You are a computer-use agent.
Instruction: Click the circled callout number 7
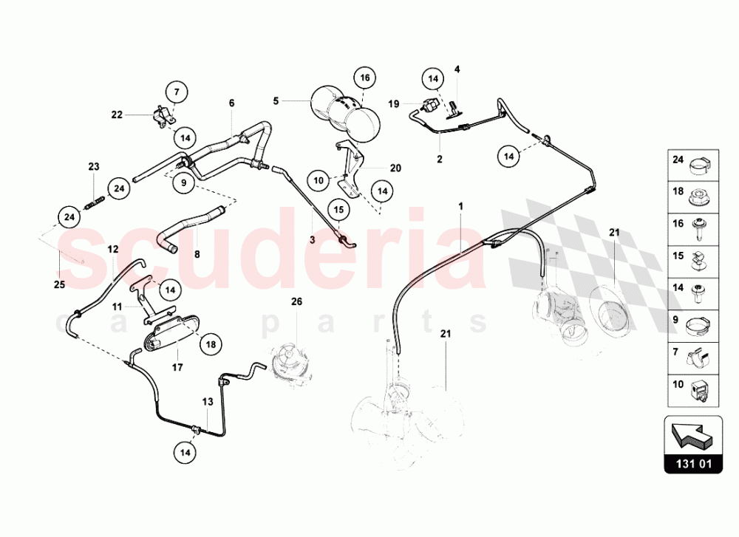[x=177, y=93]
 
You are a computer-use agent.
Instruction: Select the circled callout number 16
[x=364, y=78]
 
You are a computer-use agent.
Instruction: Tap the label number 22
[x=117, y=114]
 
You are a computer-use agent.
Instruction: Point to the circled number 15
[x=337, y=210]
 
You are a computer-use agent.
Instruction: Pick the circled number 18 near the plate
[x=211, y=344]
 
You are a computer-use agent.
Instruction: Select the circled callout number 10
[x=319, y=179]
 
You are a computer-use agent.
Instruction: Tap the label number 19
[x=393, y=103]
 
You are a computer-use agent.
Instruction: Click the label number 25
[x=60, y=284]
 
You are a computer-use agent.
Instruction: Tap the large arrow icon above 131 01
[x=692, y=434]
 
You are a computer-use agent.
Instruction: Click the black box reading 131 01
[x=692, y=466]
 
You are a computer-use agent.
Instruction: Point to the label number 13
[x=208, y=402]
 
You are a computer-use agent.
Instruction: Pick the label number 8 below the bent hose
[x=197, y=253]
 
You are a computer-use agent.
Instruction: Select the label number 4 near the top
[x=457, y=69]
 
